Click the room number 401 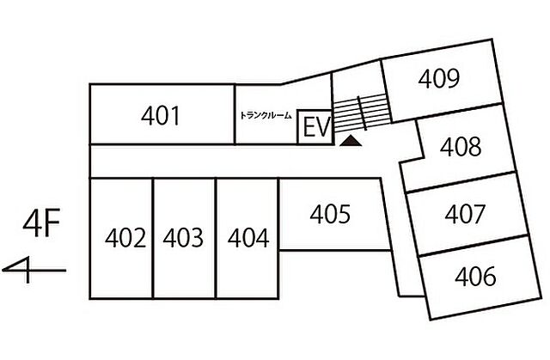[x=161, y=116]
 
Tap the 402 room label [x=125, y=238]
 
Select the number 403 [x=183, y=238]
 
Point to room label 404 [x=248, y=238]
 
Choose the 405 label [x=330, y=214]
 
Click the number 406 [x=475, y=276]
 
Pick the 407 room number [x=465, y=214]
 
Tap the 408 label [x=461, y=147]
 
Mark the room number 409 [x=439, y=78]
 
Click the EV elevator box [x=315, y=127]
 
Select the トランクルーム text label [x=266, y=116]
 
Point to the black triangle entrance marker [x=351, y=141]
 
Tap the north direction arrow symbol [x=34, y=270]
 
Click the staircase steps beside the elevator [x=361, y=113]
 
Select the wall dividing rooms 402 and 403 [x=153, y=238]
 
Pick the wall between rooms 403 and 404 [x=216, y=238]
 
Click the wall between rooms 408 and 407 [x=461, y=181]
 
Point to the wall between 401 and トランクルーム [x=235, y=114]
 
